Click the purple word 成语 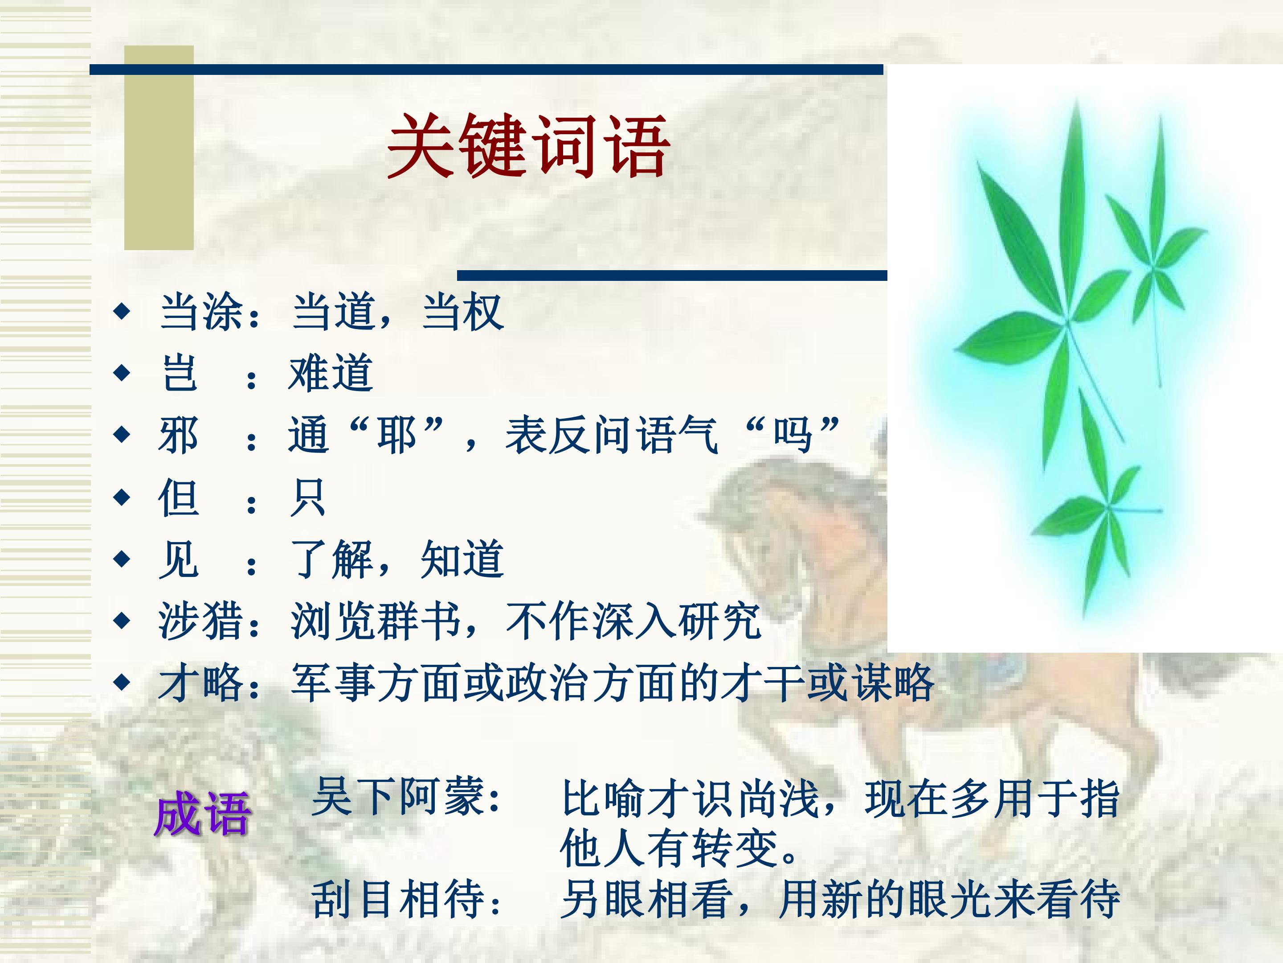(x=202, y=814)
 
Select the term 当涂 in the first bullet (x=201, y=312)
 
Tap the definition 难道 (x=331, y=373)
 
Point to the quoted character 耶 (x=397, y=435)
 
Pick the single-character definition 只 (x=307, y=498)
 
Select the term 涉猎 (x=200, y=621)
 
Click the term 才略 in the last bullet (x=200, y=683)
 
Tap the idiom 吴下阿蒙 (x=398, y=796)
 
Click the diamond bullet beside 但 (x=122, y=497)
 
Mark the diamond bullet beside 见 (x=122, y=559)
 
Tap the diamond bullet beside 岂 (x=122, y=373)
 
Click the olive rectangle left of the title (x=159, y=148)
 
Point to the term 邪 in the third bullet (x=178, y=435)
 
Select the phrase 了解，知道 (x=397, y=559)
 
